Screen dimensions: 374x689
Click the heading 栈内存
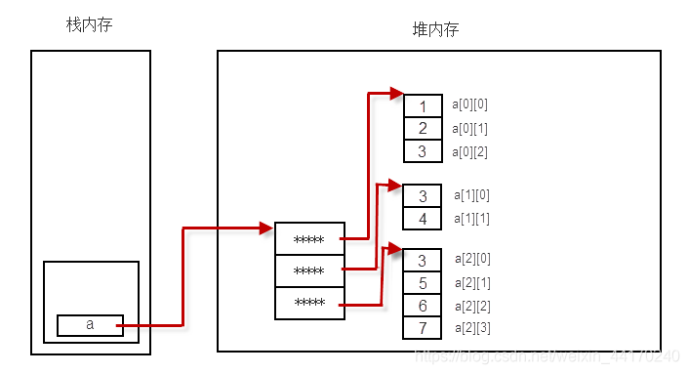pos(90,24)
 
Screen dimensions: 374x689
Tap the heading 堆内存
pos(436,30)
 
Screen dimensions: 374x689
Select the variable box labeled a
pos(90,325)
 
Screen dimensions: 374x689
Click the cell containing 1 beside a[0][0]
pos(423,106)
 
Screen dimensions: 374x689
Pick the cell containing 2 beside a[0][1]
pos(423,129)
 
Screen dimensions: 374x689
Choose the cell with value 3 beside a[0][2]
pos(423,151)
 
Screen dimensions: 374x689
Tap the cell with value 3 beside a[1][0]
pos(423,196)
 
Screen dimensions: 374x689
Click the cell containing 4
pos(423,219)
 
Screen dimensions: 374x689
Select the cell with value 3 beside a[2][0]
pos(423,261)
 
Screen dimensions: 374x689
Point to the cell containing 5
pos(423,283)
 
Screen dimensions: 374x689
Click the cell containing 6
pos(423,306)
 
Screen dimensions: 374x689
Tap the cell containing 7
pos(423,328)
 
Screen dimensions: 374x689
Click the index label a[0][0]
pos(469,104)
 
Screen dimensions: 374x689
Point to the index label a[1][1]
pos(471,218)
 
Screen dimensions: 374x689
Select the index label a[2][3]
pos(472,327)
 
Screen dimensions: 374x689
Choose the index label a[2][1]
pos(472,282)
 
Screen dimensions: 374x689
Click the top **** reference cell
pos(309,239)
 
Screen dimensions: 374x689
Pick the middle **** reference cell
pos(309,270)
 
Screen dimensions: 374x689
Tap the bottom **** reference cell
pos(309,303)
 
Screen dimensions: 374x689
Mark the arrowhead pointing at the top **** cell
pos(265,229)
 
